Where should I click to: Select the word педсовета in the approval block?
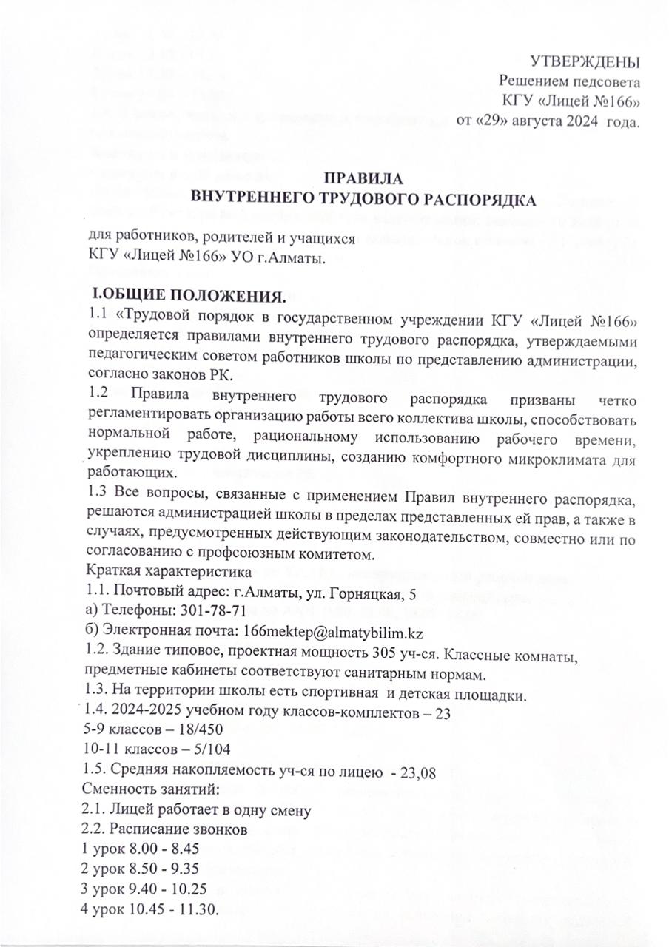606,81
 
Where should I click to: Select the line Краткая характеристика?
160,570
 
